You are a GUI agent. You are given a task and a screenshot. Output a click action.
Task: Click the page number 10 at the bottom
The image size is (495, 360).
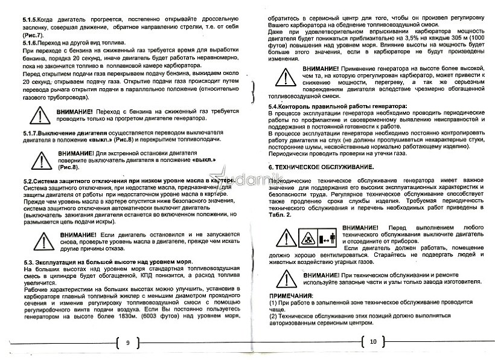372,341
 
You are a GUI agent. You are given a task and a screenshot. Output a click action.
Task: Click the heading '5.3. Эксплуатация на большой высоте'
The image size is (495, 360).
90,262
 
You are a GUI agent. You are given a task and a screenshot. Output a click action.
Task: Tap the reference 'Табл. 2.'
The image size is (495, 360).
279,214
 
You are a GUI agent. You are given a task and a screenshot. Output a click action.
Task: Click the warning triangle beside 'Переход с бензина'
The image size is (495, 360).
40,115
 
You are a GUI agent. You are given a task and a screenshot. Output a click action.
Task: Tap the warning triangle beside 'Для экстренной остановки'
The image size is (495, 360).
43,160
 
